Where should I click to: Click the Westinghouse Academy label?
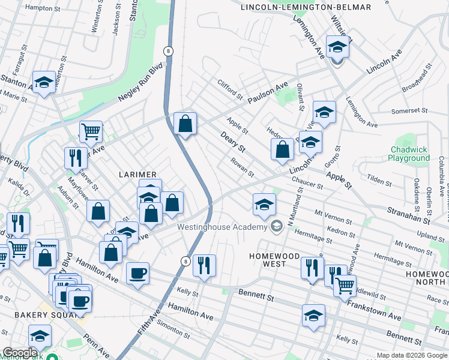221,227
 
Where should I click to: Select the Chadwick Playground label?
410,154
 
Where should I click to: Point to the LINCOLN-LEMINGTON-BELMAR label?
306,7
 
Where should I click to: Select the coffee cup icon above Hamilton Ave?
138,274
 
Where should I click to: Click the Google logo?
19,353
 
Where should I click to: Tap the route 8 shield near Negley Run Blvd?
169,52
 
